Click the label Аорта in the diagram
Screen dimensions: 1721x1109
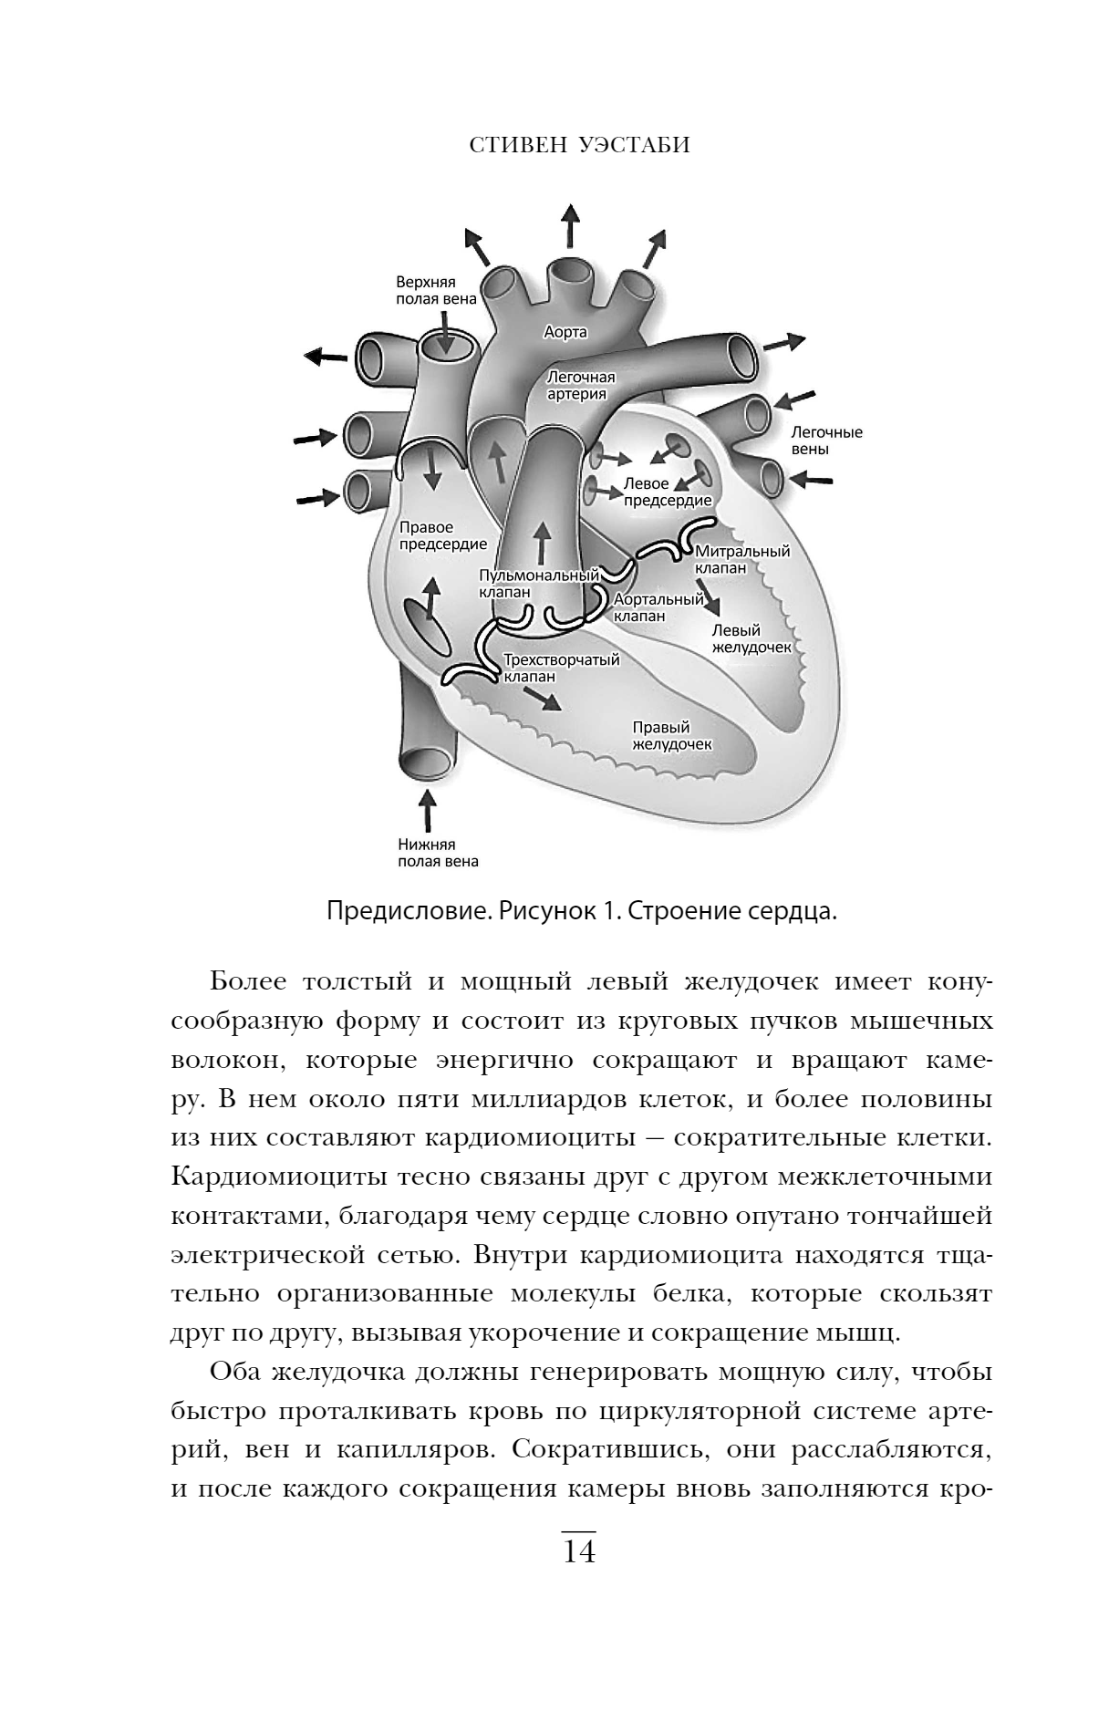565,332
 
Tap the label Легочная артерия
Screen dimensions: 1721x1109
581,385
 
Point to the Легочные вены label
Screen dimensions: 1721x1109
825,441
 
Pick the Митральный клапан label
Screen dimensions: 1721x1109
741,559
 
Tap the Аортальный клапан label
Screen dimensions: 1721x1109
658,606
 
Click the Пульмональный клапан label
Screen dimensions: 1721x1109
538,583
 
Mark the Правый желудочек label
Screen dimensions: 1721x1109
671,735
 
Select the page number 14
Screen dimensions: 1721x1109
579,1550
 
